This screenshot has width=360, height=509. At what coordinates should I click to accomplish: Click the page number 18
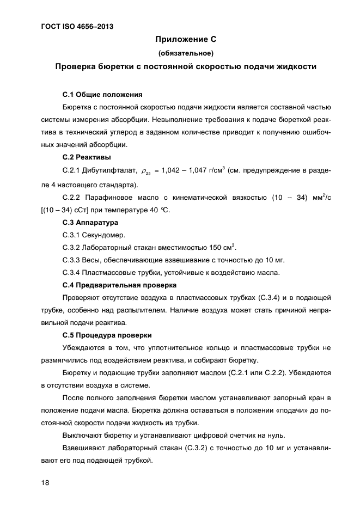[44, 482]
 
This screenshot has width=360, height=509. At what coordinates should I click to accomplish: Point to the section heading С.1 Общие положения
[102, 94]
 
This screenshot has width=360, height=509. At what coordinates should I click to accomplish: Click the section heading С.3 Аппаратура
[90, 223]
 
